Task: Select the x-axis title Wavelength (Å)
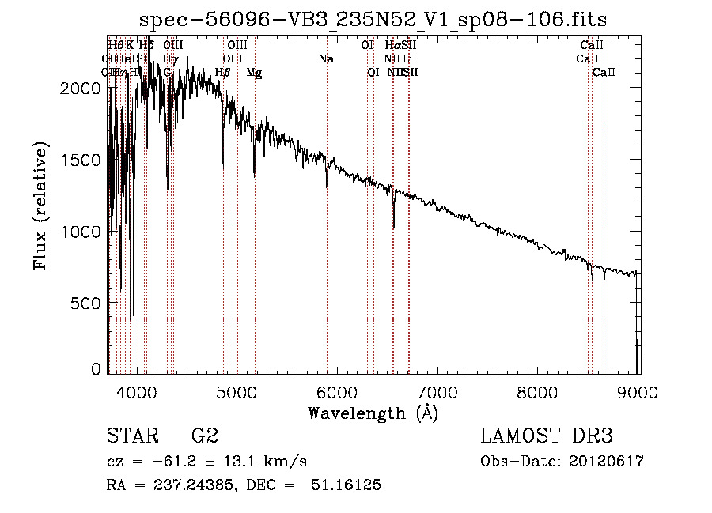point(373,412)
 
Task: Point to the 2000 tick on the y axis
point(80,89)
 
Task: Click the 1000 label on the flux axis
point(80,232)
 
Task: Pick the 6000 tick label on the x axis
point(338,391)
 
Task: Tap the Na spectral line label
point(326,58)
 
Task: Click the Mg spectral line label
point(254,73)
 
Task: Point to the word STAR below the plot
point(127,436)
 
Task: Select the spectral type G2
point(204,436)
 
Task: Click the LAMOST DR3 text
point(547,436)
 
